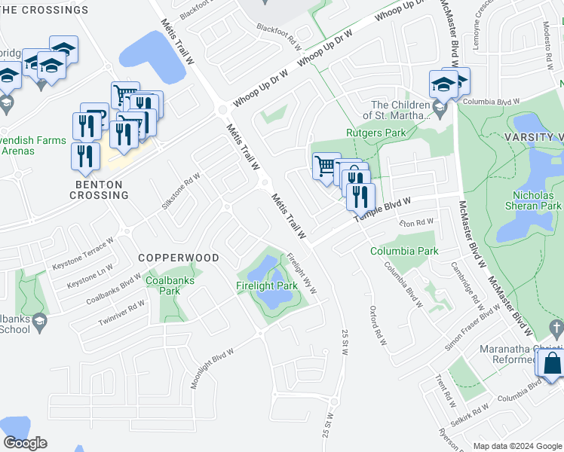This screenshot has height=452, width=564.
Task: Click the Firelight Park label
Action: (267, 286)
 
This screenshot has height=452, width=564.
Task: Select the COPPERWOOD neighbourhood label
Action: (179, 258)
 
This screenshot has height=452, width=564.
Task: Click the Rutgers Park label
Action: (375, 133)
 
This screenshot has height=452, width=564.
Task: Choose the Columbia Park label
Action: (404, 251)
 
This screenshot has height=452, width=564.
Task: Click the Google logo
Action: (25, 442)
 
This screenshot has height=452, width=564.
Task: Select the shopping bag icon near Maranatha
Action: (552, 363)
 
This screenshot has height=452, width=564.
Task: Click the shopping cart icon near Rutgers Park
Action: (326, 165)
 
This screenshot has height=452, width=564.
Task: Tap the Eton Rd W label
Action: (418, 223)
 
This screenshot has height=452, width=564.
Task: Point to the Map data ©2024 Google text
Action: (517, 446)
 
